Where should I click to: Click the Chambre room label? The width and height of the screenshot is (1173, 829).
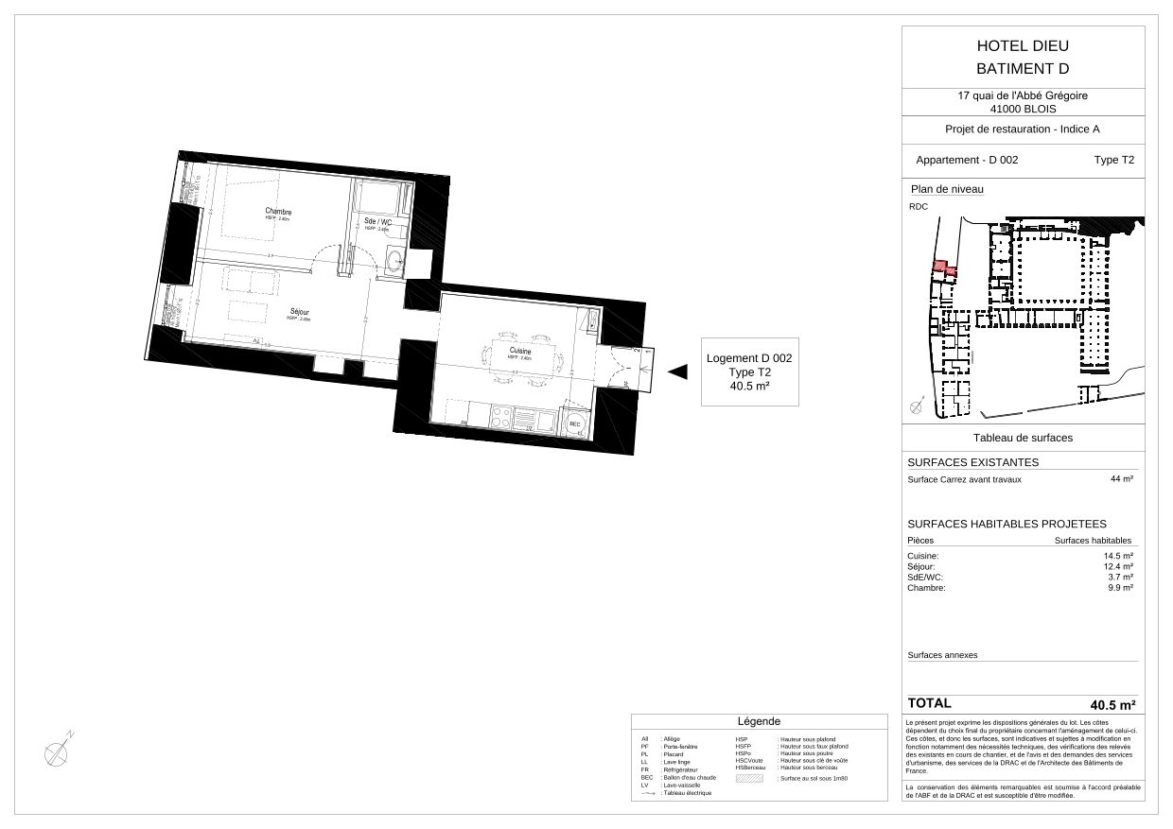click(x=278, y=211)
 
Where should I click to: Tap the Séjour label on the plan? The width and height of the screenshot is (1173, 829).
click(x=300, y=312)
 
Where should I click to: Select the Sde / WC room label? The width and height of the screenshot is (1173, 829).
click(x=377, y=221)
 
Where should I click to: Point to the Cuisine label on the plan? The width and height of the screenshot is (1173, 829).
click(x=519, y=352)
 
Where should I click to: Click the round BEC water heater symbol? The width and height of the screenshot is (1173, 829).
click(x=573, y=422)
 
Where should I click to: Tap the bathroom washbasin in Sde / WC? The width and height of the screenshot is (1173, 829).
click(x=394, y=262)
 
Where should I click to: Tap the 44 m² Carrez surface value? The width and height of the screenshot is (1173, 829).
click(x=1121, y=479)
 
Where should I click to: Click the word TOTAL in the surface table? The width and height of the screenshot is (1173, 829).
click(x=929, y=703)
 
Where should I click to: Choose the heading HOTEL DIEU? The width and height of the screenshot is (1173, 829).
click(x=1022, y=46)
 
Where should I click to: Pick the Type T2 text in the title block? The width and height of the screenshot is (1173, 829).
click(x=1113, y=160)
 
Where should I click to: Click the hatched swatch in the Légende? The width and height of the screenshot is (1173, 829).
click(x=748, y=778)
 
